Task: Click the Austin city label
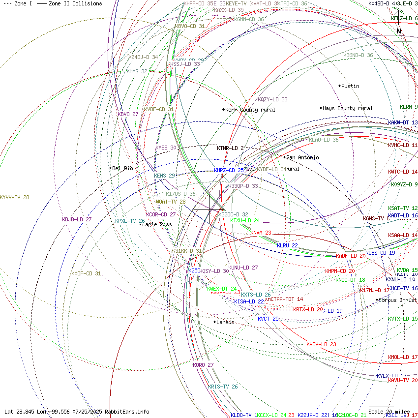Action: pyautogui.click(x=350, y=86)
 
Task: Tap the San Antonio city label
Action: pyautogui.click(x=302, y=157)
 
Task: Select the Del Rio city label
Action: pyautogui.click(x=122, y=168)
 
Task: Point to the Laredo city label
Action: pyautogui.click(x=225, y=322)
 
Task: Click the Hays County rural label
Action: pyautogui.click(x=348, y=108)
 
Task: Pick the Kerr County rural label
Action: pyautogui.click(x=250, y=110)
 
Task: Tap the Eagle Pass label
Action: pyautogui.click(x=157, y=224)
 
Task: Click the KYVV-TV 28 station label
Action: pyautogui.click(x=15, y=197)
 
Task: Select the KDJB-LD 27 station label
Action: pyautogui.click(x=77, y=219)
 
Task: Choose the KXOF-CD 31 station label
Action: pyautogui.click(x=86, y=273)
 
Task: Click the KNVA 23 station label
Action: pyautogui.click(x=261, y=233)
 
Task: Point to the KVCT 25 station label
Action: pyautogui.click(x=268, y=319)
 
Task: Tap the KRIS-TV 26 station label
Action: pyautogui.click(x=223, y=387)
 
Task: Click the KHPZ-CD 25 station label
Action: pyautogui.click(x=229, y=170)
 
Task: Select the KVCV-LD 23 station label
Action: pyautogui.click(x=321, y=344)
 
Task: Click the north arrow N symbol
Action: pyautogui.click(x=399, y=31)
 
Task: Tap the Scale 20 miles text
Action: pyautogui.click(x=389, y=412)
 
